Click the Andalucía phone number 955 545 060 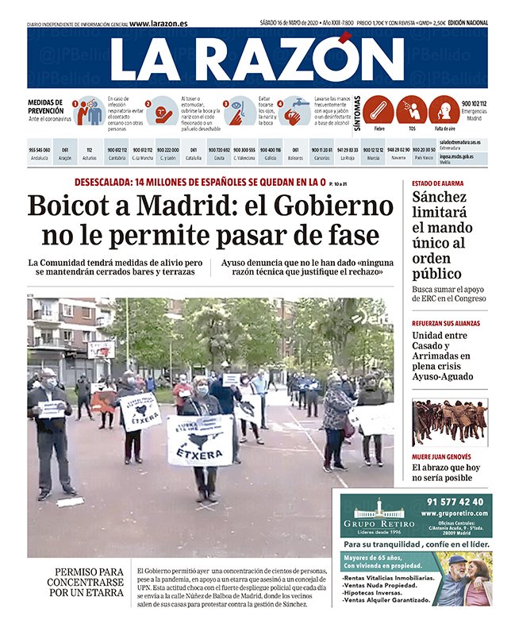[39, 150]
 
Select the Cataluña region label [194, 158]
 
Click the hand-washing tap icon [296, 110]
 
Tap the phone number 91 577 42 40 [455, 502]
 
